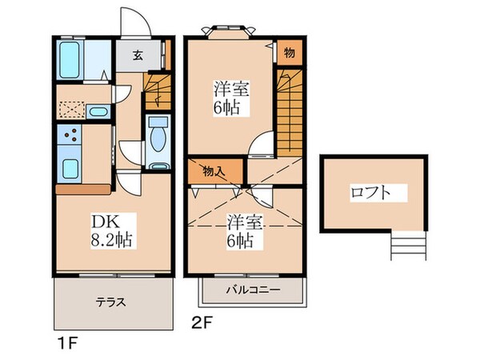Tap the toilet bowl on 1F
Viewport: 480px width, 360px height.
[x=158, y=138]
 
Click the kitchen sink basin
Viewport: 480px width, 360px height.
[x=70, y=169]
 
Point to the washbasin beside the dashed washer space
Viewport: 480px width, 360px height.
[x=98, y=111]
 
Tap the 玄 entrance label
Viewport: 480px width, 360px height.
[x=137, y=56]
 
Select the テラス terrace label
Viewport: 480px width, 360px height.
[x=111, y=302]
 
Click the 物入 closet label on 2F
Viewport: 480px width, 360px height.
[x=212, y=170]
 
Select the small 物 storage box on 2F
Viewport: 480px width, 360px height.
[x=289, y=52]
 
